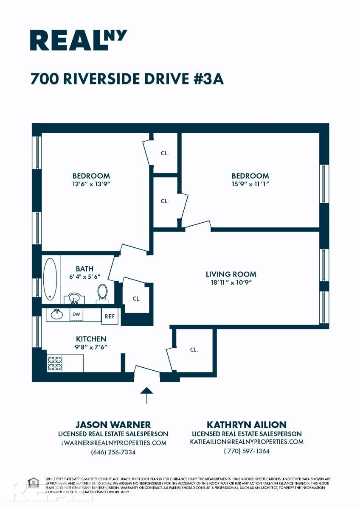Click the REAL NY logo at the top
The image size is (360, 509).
tap(79, 40)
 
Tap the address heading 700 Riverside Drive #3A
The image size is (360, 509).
tap(127, 79)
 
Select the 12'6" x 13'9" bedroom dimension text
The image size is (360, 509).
tap(91, 185)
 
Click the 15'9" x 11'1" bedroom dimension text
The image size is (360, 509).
tap(250, 185)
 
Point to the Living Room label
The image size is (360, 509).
tap(231, 274)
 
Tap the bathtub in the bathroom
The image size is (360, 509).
tap(50, 279)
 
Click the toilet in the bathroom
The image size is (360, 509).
tap(102, 293)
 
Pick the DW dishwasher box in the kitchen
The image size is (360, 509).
tap(76, 314)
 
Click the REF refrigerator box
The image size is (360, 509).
tap(110, 316)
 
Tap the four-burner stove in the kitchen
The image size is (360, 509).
tap(55, 363)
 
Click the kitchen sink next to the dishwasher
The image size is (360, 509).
tap(56, 314)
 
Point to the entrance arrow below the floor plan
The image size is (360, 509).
tap(146, 395)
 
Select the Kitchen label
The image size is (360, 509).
tap(91, 339)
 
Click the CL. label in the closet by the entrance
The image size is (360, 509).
tap(194, 350)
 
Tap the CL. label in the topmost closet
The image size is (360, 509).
tap(165, 154)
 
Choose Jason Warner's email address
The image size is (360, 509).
tap(113, 443)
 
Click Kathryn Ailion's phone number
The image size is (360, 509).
tap(247, 451)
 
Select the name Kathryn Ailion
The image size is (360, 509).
tap(247, 425)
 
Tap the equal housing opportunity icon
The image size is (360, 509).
tap(33, 483)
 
